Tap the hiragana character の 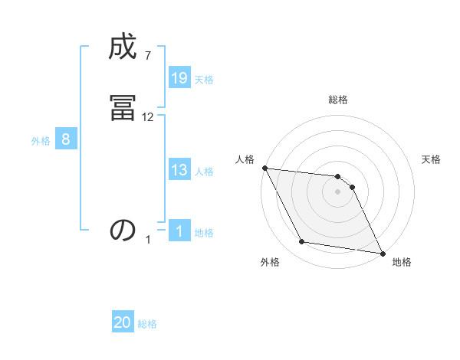[x=123, y=231]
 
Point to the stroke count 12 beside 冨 [x=148, y=116]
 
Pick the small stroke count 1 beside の [x=149, y=240]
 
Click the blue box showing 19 [x=179, y=77]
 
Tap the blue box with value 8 [x=66, y=139]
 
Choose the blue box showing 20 [x=123, y=322]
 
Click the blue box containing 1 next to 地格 [x=179, y=231]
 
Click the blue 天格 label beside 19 [x=204, y=79]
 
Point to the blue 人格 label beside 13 [x=204, y=171]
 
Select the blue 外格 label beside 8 [x=41, y=141]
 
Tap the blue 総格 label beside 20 [x=147, y=324]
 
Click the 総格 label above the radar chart [x=338, y=100]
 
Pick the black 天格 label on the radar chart [x=432, y=159]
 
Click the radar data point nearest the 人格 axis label [x=264, y=168]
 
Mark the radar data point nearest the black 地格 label [x=382, y=253]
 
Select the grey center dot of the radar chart [x=338, y=191]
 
